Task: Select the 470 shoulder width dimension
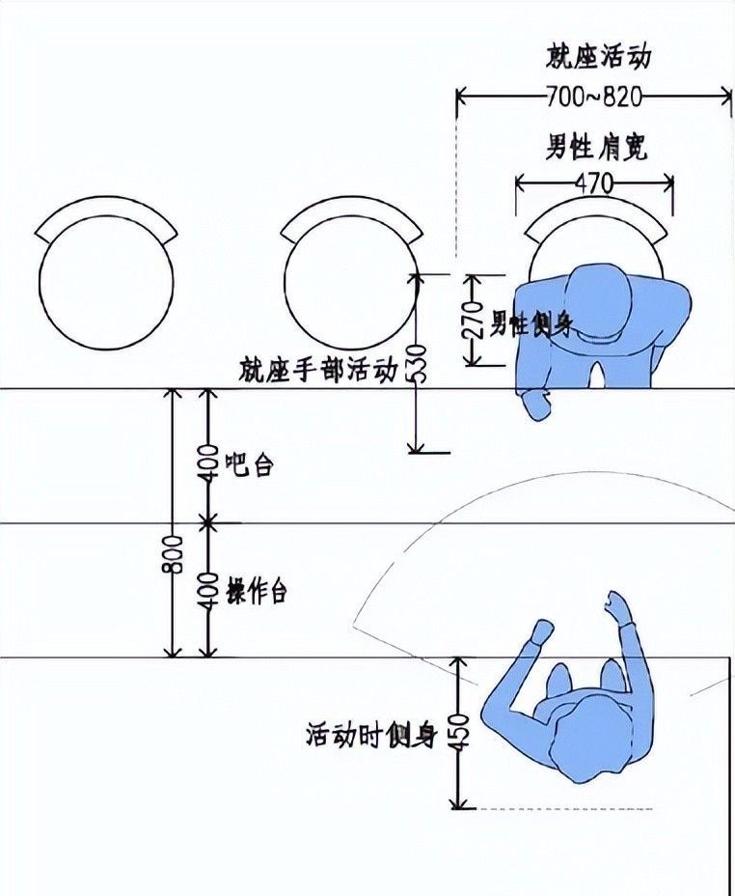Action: [x=593, y=182]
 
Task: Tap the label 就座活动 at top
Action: [x=598, y=56]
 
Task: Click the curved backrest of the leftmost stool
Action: [x=107, y=216]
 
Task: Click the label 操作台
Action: [x=257, y=592]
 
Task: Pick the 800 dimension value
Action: [x=173, y=552]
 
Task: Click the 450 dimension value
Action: [x=461, y=734]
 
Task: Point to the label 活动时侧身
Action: [x=371, y=737]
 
